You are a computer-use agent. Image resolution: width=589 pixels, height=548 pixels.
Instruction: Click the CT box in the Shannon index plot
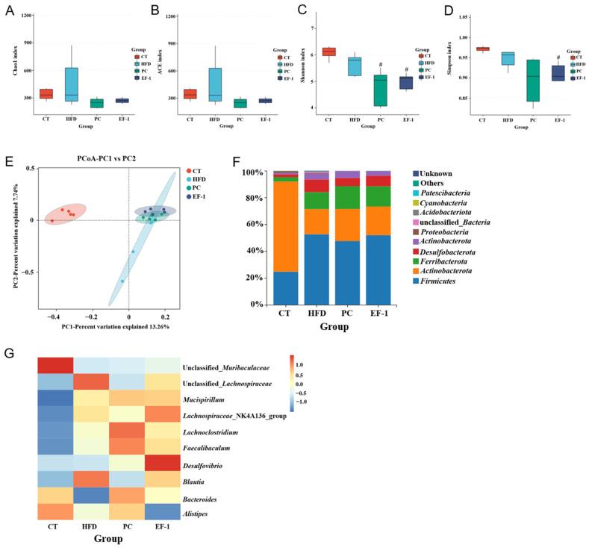tap(328, 52)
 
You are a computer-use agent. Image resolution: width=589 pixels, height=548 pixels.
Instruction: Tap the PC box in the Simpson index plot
tap(490, 91)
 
